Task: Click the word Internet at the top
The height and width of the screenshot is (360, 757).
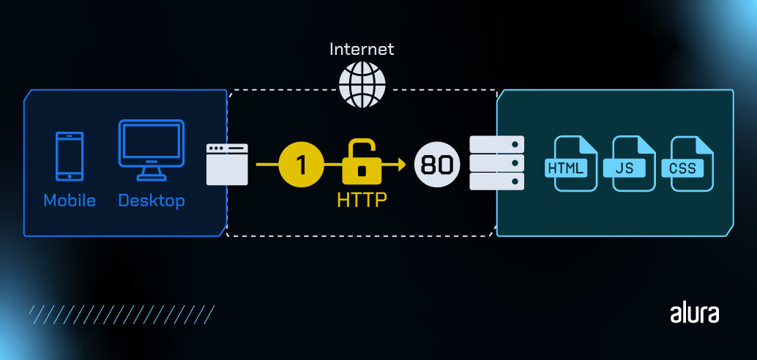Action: pos(362,50)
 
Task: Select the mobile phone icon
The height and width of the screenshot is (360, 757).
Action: pos(70,156)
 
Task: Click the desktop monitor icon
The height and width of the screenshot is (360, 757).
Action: pos(152,150)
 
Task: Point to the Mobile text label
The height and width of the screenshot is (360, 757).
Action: pos(70,200)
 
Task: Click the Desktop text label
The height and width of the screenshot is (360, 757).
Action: pos(152,200)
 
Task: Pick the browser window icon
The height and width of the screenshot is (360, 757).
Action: pos(227,164)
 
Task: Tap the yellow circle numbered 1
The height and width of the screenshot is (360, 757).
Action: pos(301,164)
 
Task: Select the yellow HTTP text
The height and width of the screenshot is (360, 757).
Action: pos(361,200)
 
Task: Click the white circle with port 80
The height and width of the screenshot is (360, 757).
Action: pos(437,164)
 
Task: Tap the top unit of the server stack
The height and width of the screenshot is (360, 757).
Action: pos(497,143)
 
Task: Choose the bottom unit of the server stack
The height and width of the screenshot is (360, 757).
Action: pos(497,181)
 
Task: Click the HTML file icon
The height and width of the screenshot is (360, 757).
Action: pos(566,164)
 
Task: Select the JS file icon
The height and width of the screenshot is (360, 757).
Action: pos(624,164)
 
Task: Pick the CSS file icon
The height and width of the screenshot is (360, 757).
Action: pos(682,164)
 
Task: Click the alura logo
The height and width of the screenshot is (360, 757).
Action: pos(694,313)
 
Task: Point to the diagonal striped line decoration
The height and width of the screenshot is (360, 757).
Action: pos(121,315)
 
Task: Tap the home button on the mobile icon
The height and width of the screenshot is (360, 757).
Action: pos(70,175)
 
